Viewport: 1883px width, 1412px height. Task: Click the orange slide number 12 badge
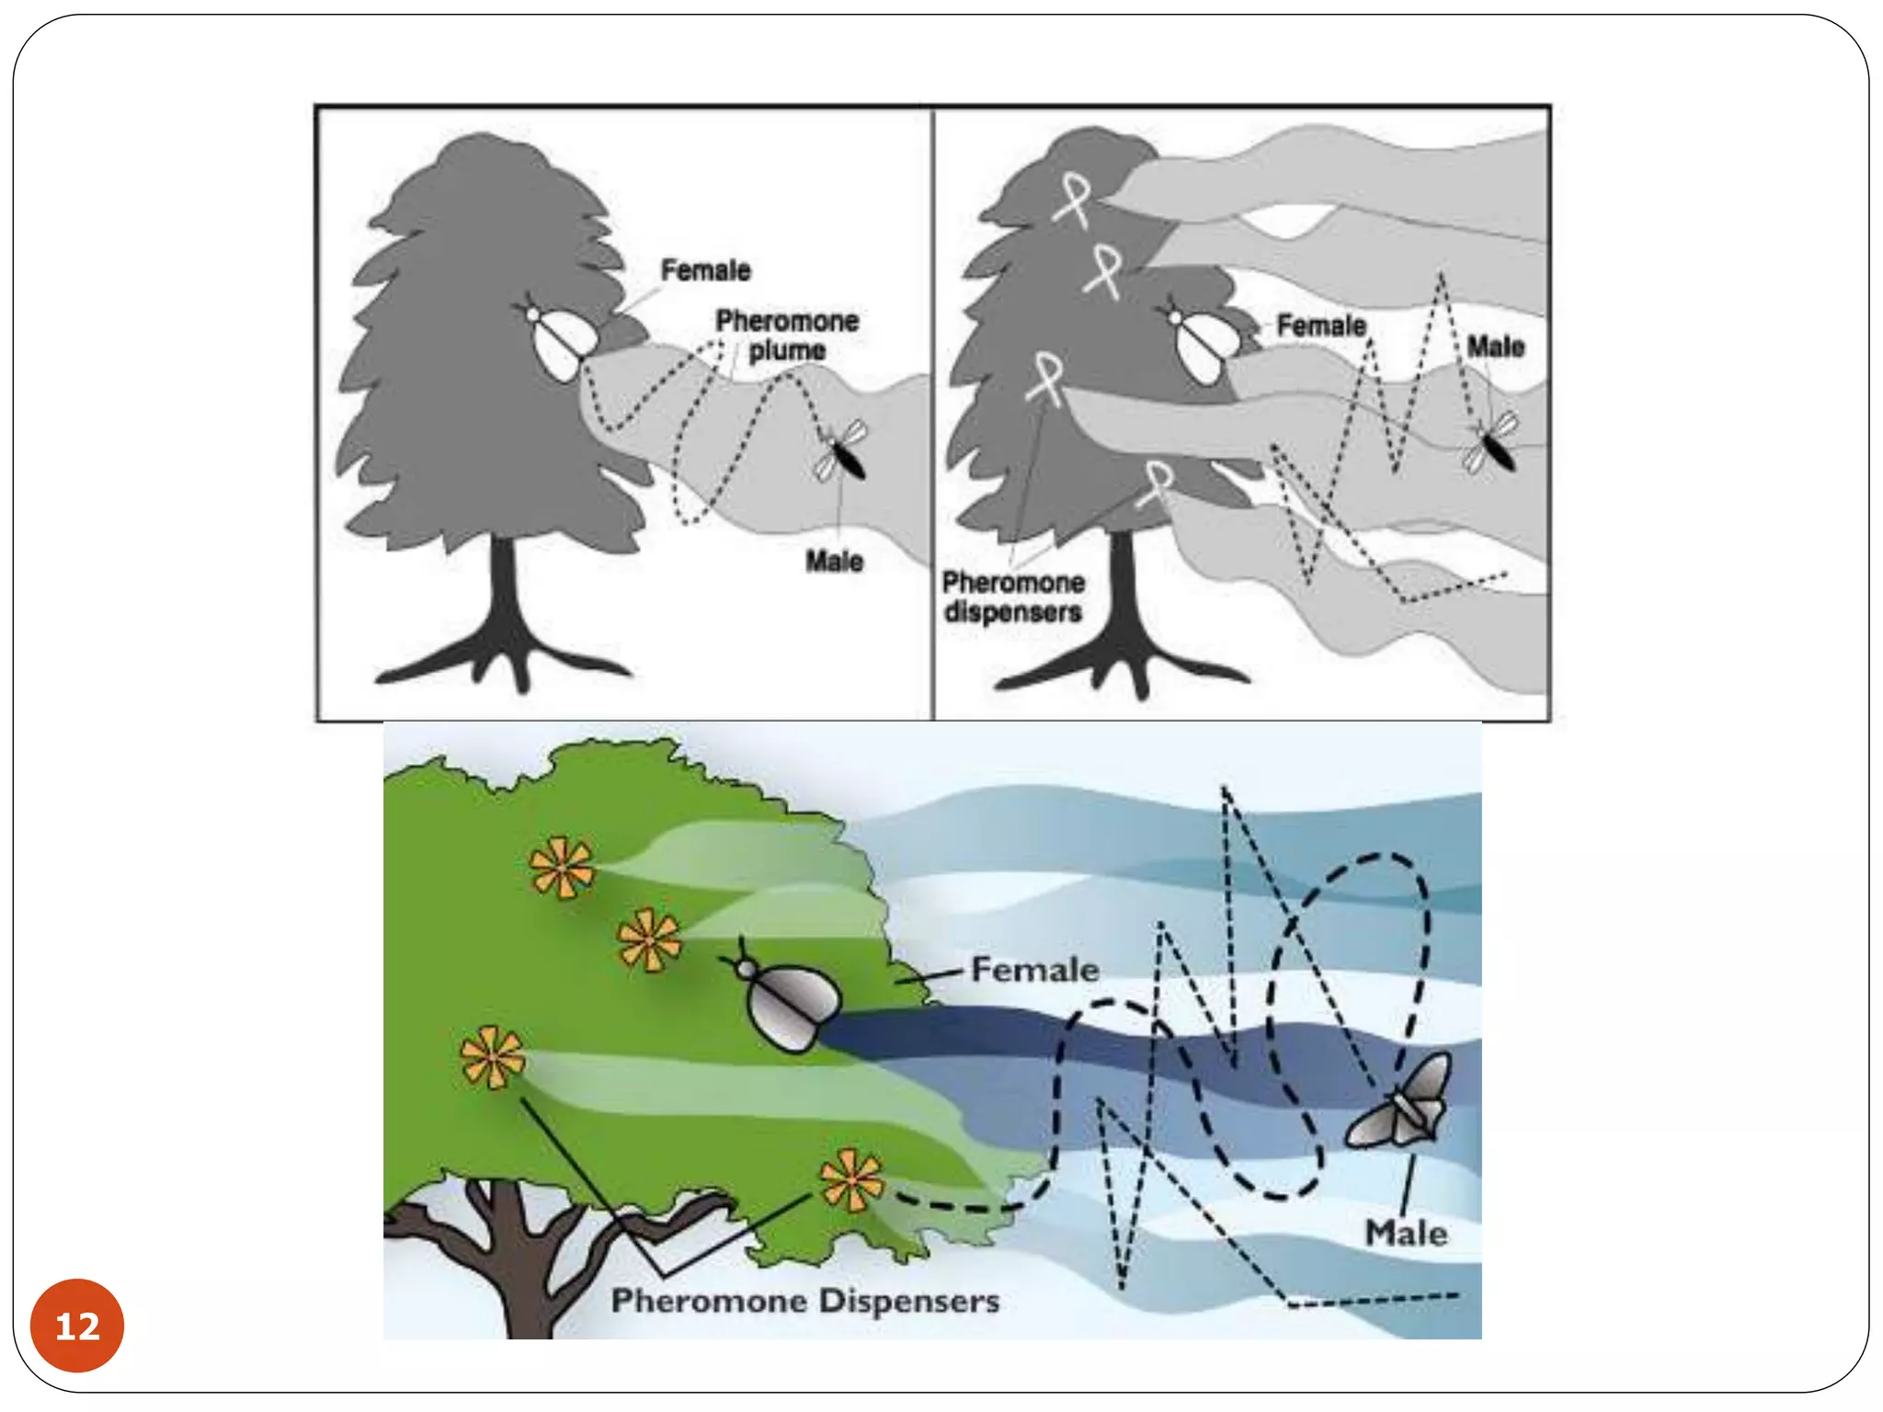coord(77,1325)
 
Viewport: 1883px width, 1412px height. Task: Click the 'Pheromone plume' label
coord(787,336)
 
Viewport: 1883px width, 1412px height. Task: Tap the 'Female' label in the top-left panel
coord(705,270)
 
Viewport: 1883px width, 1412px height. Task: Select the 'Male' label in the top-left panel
coord(834,561)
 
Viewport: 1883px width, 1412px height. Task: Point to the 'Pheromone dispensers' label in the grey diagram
coord(1013,598)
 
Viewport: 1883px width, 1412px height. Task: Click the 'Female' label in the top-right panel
coord(1321,325)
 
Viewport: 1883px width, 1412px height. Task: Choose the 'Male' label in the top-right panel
coord(1496,347)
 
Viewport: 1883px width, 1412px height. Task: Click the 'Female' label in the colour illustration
coord(1035,969)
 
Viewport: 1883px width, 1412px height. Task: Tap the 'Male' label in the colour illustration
coord(1406,1233)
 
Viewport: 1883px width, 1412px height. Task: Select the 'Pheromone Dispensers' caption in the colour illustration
coord(805,1301)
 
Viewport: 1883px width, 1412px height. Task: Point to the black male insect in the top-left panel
coord(841,450)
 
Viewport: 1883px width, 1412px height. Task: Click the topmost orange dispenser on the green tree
coord(562,866)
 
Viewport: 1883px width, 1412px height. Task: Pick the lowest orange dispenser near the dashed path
coord(851,1180)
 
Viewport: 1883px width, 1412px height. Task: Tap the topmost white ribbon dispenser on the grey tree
coord(1072,199)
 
